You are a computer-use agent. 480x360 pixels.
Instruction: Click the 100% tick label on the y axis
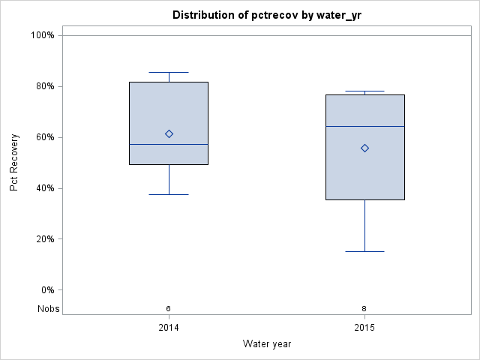click(42, 35)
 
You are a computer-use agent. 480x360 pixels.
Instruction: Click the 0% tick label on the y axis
click(46, 290)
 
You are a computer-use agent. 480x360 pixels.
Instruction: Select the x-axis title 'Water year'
click(266, 343)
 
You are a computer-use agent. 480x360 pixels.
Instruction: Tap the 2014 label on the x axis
click(169, 328)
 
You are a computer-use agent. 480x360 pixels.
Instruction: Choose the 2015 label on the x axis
click(364, 328)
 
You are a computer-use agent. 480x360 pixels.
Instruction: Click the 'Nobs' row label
click(48, 308)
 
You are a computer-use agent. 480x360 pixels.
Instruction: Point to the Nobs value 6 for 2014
click(169, 308)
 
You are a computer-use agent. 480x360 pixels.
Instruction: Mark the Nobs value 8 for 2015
click(364, 308)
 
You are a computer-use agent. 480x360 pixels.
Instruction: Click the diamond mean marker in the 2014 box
click(169, 133)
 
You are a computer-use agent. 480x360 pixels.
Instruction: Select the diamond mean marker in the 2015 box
click(364, 148)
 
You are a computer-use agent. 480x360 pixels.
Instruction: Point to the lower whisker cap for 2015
click(364, 251)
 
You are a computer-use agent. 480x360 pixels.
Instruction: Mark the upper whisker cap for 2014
click(169, 72)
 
